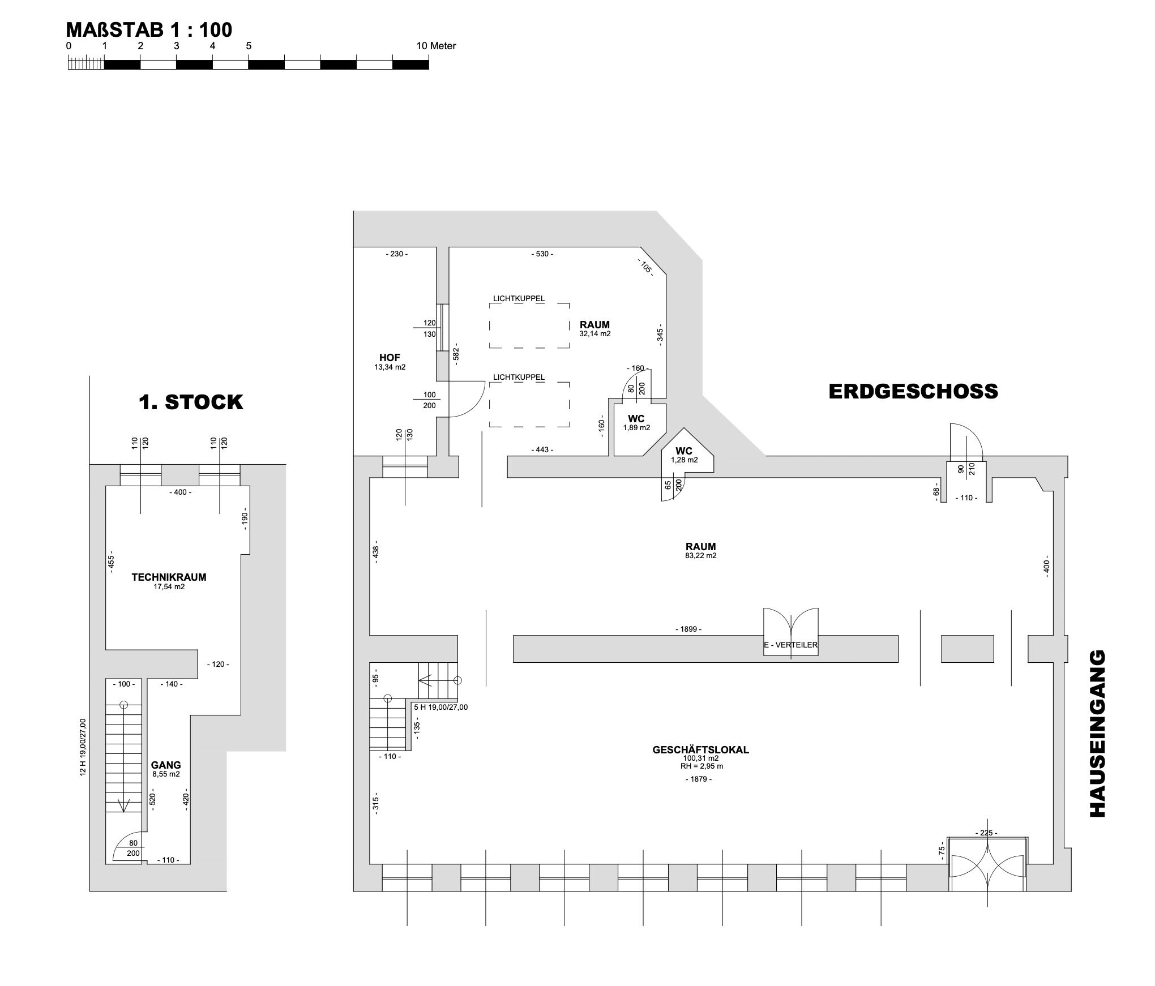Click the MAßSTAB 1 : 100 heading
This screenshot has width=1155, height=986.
point(149,29)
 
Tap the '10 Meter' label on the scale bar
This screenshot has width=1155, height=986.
point(435,46)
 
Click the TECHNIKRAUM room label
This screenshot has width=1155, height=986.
point(169,577)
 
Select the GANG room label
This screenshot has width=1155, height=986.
point(166,765)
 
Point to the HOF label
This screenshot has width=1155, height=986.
point(390,358)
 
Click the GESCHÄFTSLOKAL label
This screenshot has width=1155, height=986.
point(700,750)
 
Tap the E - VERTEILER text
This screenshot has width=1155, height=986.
point(790,645)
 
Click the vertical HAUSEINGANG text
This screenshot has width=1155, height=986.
point(1097,734)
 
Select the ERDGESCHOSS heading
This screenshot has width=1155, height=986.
point(913,392)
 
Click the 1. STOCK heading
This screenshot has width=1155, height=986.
point(191,402)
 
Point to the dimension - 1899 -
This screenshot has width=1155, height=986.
point(688,629)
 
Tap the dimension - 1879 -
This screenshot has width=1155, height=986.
point(698,779)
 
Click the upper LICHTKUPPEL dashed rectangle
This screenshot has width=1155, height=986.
point(529,325)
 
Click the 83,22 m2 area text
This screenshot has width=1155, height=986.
point(700,556)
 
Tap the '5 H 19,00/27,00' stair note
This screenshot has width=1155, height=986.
point(440,707)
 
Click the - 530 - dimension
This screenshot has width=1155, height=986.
point(542,254)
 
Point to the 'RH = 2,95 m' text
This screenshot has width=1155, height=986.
point(701,766)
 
